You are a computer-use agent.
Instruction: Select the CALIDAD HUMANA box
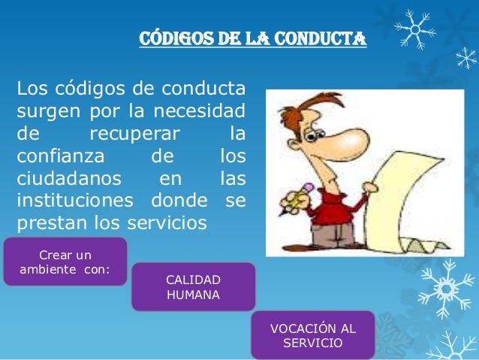tap(193, 287)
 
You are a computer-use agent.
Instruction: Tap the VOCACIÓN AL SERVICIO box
tap(312, 336)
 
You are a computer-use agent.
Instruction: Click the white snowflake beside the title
tap(414, 28)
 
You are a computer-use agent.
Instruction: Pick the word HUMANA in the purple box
tap(193, 295)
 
